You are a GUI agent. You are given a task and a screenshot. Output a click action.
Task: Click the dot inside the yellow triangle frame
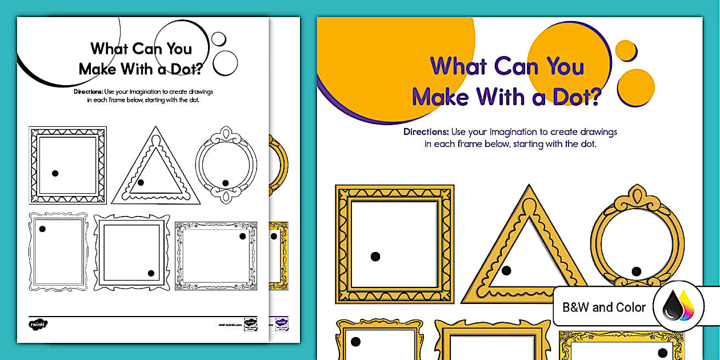(x=506, y=270)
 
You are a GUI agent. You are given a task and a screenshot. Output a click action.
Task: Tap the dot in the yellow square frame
(x=375, y=257)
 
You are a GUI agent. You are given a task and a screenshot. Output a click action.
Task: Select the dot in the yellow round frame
(x=636, y=271)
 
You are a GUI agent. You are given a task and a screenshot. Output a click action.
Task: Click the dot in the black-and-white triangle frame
(x=141, y=182)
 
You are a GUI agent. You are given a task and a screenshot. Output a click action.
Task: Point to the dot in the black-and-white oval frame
(x=225, y=183)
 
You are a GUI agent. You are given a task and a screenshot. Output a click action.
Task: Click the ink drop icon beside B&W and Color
(x=679, y=307)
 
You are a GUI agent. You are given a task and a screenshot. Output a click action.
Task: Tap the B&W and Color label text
(x=604, y=307)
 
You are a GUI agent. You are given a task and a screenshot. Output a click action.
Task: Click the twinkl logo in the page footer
(x=38, y=324)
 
